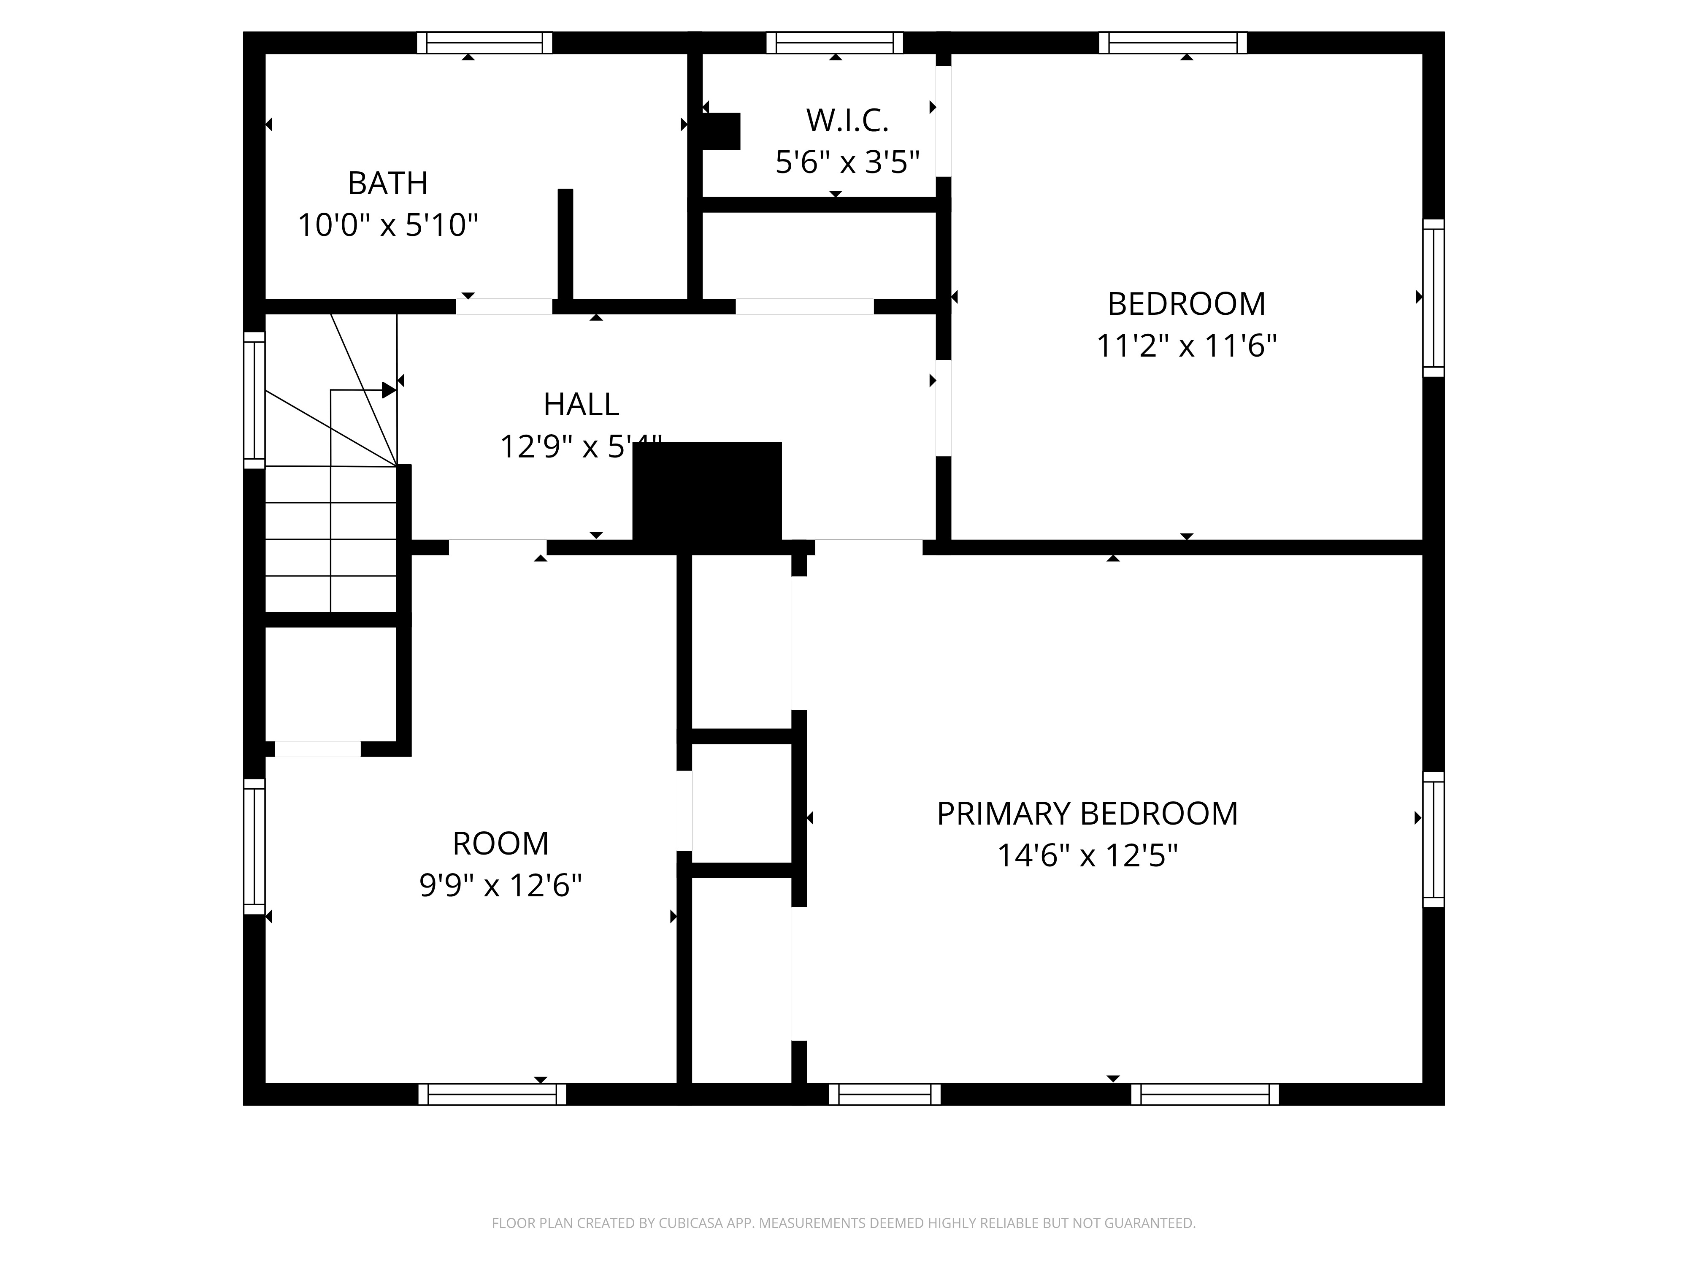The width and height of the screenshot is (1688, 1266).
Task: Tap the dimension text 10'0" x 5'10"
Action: pyautogui.click(x=388, y=226)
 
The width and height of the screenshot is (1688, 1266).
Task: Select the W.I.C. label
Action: pyautogui.click(x=847, y=121)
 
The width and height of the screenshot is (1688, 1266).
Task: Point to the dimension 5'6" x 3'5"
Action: pyautogui.click(x=847, y=162)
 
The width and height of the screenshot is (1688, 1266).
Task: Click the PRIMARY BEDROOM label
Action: pyautogui.click(x=1087, y=814)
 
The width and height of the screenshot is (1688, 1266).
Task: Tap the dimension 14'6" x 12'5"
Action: pyautogui.click(x=1087, y=856)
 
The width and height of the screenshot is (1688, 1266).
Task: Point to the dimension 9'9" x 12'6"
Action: pyautogui.click(x=500, y=886)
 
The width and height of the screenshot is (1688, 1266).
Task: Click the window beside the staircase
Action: pyautogui.click(x=254, y=400)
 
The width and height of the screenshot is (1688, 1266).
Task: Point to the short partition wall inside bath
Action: pyautogui.click(x=565, y=244)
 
